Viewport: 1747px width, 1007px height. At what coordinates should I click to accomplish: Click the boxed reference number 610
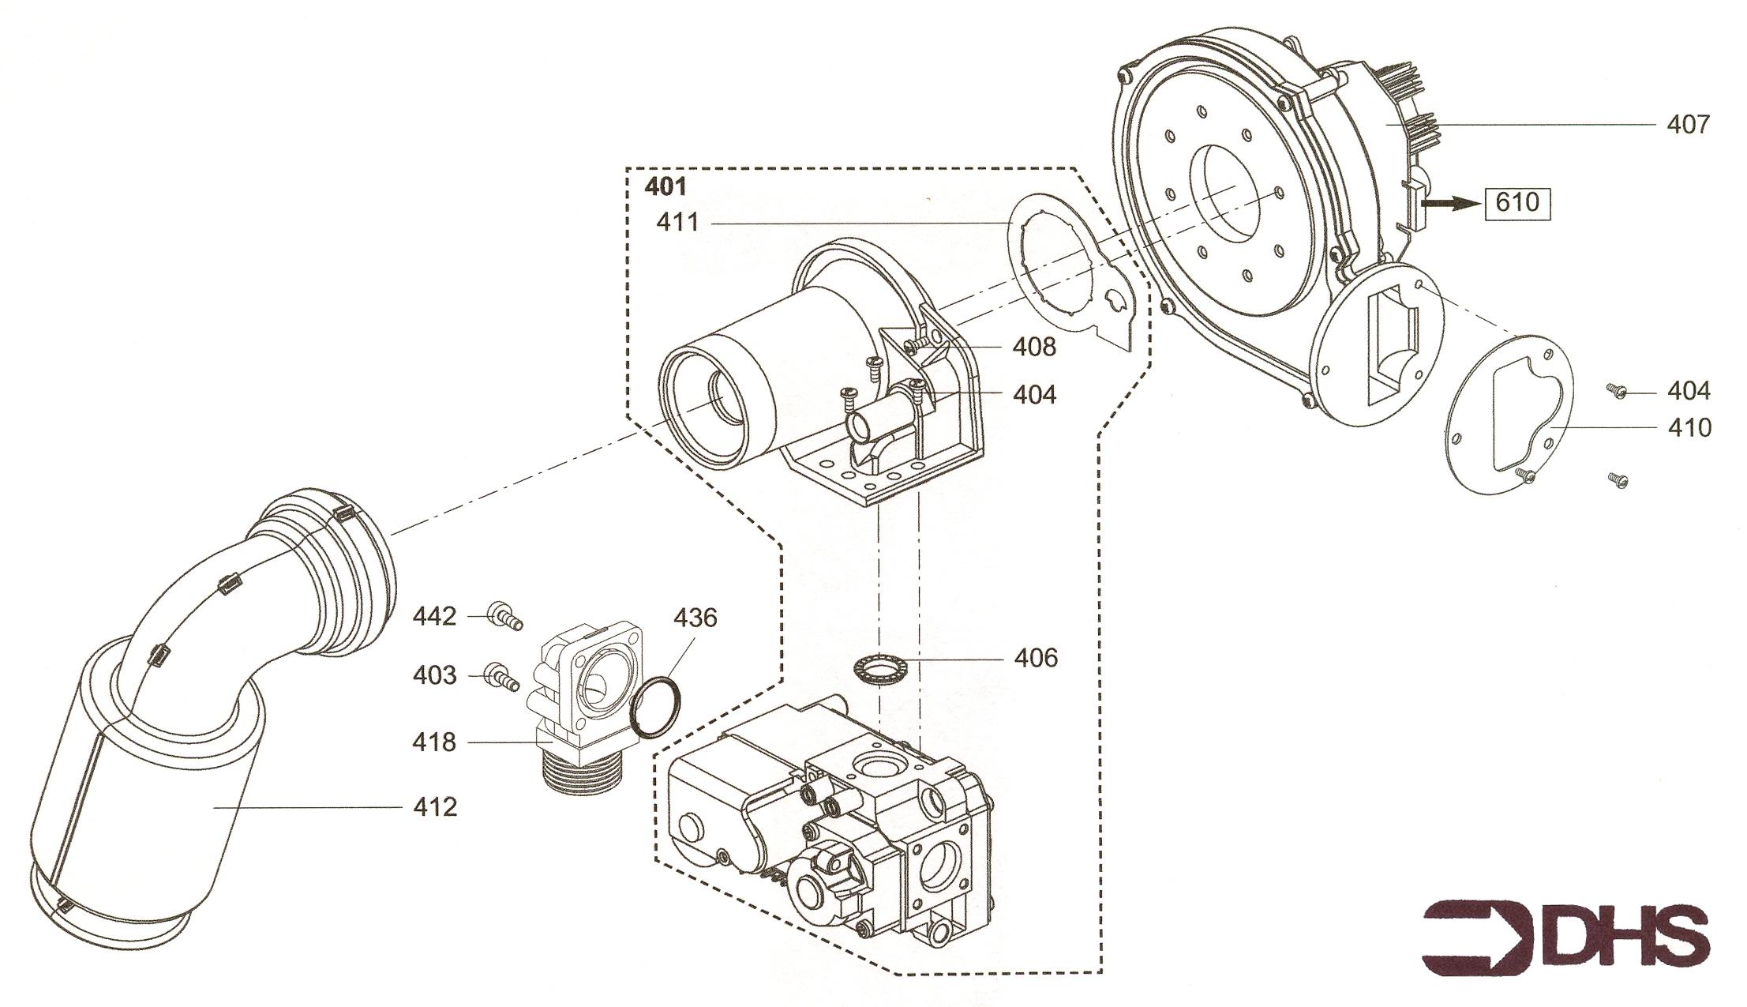pyautogui.click(x=1517, y=203)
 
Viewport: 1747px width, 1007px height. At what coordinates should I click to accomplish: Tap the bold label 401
pyautogui.click(x=665, y=187)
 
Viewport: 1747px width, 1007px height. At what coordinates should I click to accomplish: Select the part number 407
pyautogui.click(x=1689, y=125)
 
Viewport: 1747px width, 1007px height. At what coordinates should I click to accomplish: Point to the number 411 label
pyautogui.click(x=678, y=223)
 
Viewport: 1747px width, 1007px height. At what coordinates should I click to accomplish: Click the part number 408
pyautogui.click(x=1034, y=347)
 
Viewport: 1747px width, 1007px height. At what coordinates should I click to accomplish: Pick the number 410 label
pyautogui.click(x=1689, y=428)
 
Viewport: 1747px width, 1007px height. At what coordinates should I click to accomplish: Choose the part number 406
pyautogui.click(x=1036, y=658)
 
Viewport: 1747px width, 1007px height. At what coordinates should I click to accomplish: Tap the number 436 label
pyautogui.click(x=695, y=618)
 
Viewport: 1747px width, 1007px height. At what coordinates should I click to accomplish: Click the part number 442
pyautogui.click(x=434, y=616)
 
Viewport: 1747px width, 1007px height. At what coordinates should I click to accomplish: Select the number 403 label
pyautogui.click(x=434, y=676)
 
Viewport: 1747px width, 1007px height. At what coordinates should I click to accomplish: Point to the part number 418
pyautogui.click(x=434, y=742)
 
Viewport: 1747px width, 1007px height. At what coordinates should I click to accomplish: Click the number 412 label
pyautogui.click(x=435, y=807)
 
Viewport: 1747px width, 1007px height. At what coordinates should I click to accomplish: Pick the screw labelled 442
pyautogui.click(x=505, y=618)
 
